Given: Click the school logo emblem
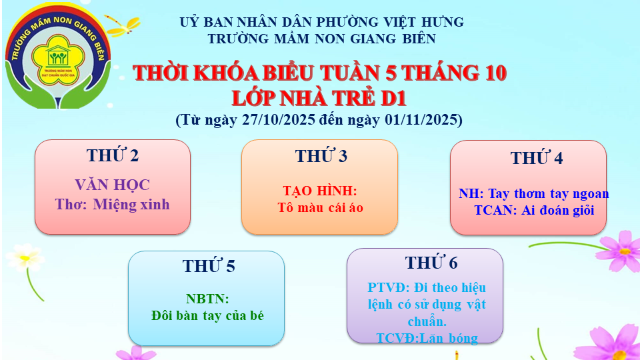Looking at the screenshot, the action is [58, 56].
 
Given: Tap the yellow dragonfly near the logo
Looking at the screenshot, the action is [123, 26].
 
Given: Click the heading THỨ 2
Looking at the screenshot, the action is [113, 155].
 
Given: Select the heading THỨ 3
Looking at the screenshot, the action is [321, 156].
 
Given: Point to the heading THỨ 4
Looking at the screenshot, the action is [536, 158].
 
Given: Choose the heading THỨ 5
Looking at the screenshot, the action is [209, 266].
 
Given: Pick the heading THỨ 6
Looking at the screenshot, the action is [431, 263].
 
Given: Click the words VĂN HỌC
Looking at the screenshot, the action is [112, 185].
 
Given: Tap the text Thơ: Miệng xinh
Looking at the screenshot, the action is [112, 205].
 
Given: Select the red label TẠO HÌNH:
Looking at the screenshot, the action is [320, 191].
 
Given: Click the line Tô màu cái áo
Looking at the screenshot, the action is [321, 208].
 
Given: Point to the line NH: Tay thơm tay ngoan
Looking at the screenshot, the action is [533, 193].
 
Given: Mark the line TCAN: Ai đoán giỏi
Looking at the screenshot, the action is [534, 210].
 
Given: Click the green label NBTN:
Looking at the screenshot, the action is [207, 299].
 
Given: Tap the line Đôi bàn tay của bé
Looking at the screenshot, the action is [207, 315].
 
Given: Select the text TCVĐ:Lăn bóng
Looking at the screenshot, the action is [427, 338].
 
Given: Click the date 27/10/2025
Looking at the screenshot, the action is [279, 119].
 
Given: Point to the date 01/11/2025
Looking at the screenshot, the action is [421, 119].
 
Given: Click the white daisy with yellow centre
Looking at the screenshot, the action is [25, 257].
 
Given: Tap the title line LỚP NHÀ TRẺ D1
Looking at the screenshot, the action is [319, 99].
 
